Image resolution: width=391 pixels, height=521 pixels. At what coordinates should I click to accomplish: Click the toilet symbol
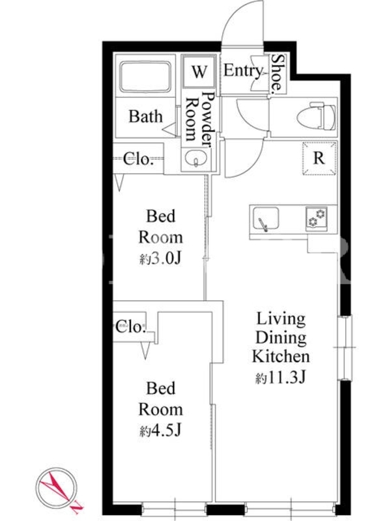316,116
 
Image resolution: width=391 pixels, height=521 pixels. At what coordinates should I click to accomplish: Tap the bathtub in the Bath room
145,77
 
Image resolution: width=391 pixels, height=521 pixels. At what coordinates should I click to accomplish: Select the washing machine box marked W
199,71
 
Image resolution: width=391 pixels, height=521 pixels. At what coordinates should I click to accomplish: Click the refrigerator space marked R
319,158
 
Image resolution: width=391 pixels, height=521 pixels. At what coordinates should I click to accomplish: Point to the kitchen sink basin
266,218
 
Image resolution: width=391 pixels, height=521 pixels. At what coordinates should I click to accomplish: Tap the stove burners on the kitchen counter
316,218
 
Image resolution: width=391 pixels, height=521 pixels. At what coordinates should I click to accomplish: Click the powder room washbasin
196,158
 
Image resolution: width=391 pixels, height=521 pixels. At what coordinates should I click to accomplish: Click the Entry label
242,71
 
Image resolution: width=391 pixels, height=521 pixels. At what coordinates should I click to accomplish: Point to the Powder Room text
199,119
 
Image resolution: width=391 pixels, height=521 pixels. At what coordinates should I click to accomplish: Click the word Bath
145,117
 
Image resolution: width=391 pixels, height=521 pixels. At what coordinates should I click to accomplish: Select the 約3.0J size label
160,259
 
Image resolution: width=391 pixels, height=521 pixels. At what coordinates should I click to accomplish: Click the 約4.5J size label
160,431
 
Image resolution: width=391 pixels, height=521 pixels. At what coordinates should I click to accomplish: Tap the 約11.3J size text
280,378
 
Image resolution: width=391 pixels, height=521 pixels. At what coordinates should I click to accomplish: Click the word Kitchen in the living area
281,356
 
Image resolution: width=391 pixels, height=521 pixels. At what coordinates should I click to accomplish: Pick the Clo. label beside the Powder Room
138,159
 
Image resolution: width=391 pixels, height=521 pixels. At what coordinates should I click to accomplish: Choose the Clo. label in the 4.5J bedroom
131,327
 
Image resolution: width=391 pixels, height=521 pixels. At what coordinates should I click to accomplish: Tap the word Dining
281,337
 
